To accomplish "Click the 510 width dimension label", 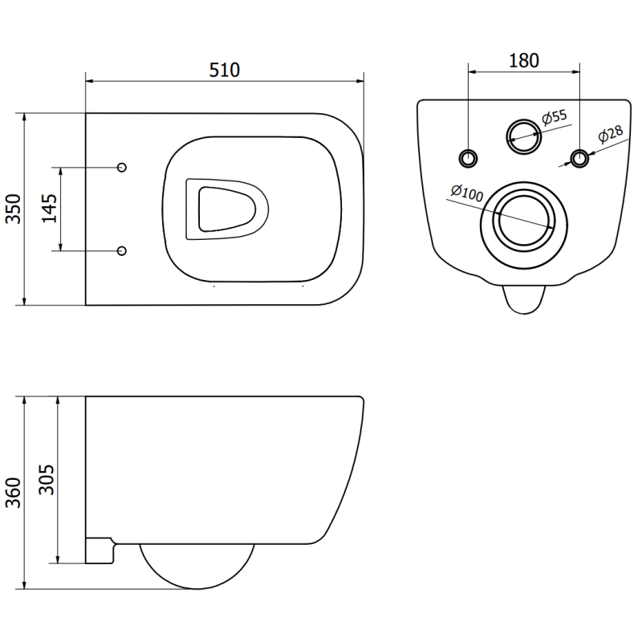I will click(225, 71).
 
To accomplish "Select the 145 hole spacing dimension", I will click(50, 209).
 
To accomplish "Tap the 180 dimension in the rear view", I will click(524, 60).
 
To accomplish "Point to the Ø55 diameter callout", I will click(555, 117).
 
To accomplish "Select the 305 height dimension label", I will click(47, 480).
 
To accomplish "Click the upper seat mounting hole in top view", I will click(122, 167).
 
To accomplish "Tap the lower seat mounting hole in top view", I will click(122, 251).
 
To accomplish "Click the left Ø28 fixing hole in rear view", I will click(468, 155).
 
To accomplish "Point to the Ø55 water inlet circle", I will click(523, 134).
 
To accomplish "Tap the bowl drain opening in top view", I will click(226, 209).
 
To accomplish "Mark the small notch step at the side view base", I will click(101, 550).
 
